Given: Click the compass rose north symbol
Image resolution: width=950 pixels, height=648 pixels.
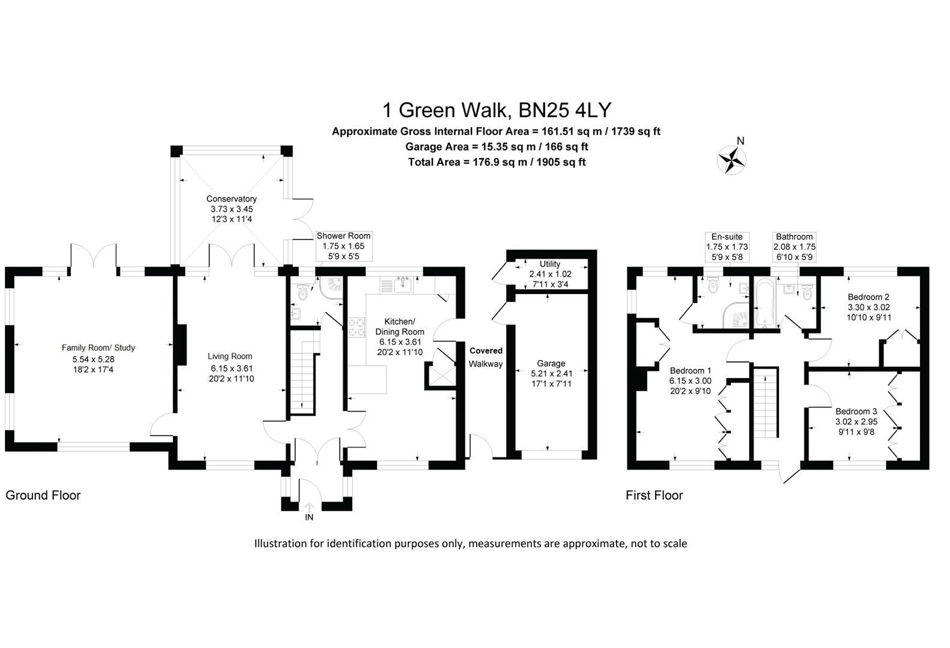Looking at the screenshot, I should (x=732, y=159).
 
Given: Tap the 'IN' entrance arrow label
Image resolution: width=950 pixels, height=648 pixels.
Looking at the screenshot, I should (x=309, y=517).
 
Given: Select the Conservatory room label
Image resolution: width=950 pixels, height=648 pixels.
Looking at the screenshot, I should (x=232, y=199).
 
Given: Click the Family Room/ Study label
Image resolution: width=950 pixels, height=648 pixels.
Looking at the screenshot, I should (x=98, y=347).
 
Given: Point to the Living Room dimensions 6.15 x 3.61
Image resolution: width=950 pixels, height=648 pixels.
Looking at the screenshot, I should (x=232, y=368).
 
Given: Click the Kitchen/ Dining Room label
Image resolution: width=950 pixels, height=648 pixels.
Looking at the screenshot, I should (x=399, y=326).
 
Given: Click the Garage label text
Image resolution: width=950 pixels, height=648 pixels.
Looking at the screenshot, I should (x=551, y=363).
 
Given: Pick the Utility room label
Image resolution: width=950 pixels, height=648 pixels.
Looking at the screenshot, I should (x=549, y=264).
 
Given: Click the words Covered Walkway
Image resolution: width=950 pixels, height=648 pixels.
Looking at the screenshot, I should (x=486, y=357).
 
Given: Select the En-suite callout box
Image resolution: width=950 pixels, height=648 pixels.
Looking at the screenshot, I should (x=726, y=247).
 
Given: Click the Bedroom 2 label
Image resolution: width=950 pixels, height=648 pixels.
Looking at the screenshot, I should (x=868, y=297).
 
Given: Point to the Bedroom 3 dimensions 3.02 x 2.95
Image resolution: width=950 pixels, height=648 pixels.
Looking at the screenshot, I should (x=856, y=421).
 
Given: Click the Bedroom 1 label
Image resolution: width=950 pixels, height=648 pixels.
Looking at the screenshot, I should (x=690, y=370).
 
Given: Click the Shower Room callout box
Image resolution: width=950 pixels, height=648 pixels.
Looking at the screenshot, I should (x=344, y=246).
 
